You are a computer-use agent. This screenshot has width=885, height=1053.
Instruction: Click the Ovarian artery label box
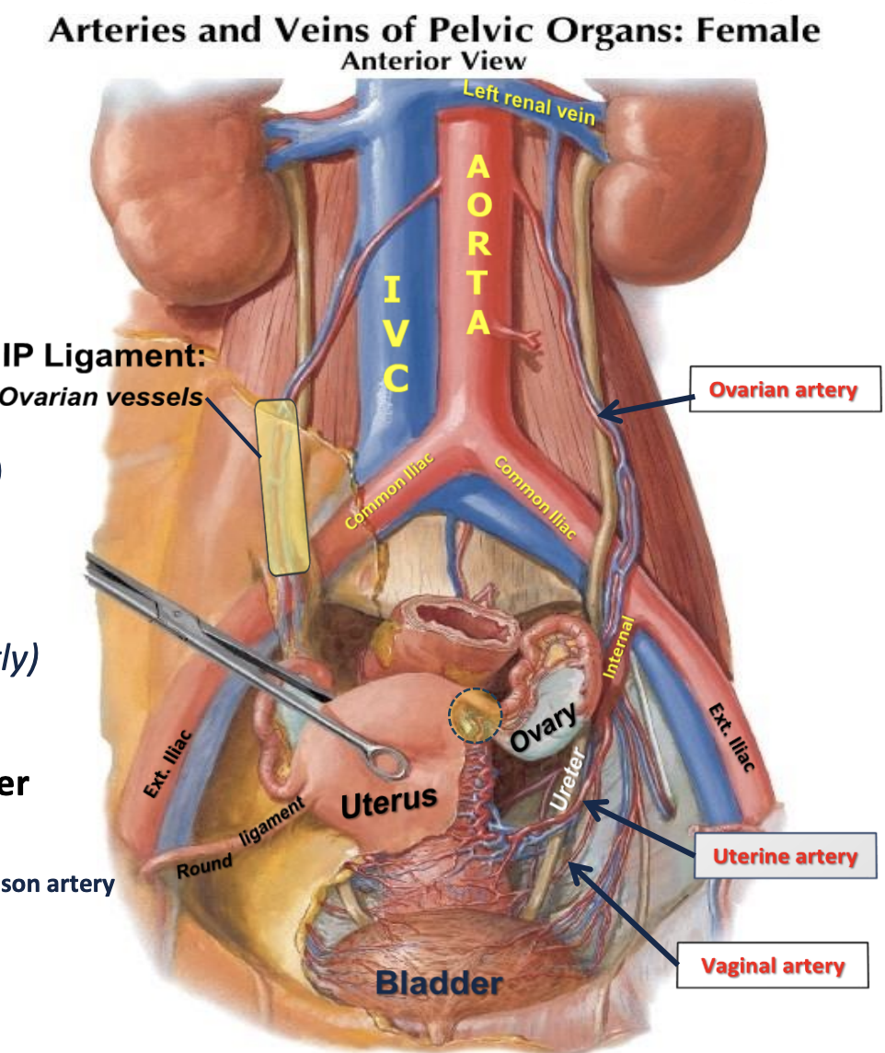tap(782, 390)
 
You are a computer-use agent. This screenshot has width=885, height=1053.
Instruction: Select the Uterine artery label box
tap(782, 857)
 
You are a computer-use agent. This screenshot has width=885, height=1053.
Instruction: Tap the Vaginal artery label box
tap(773, 966)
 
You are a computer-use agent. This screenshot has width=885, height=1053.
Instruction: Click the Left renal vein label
tap(529, 101)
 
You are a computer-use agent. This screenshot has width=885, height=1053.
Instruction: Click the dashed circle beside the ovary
tap(474, 717)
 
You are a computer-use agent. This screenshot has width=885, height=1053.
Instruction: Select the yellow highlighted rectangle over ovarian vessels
tap(283, 488)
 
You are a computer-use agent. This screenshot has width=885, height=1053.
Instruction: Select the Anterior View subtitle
tap(432, 61)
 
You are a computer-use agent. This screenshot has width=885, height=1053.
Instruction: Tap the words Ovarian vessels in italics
tap(101, 397)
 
